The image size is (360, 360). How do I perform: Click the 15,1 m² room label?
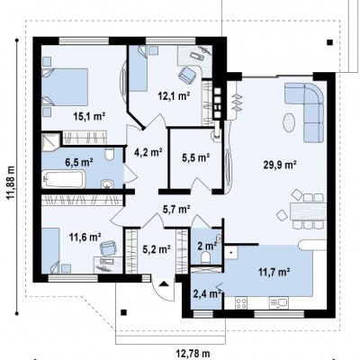pos(89,116)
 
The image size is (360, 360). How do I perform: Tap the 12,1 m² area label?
pos(174,96)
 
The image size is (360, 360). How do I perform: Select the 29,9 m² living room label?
pos(280,165)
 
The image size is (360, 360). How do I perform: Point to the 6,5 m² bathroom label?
pos(78,162)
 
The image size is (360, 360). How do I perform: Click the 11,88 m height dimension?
pos(12,183)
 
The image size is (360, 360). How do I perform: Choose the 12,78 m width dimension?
pos(193,354)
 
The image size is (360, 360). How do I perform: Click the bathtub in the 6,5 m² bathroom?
pos(63,179)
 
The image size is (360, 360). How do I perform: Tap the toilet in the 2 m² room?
pos(206,257)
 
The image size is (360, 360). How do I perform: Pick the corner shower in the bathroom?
pos(51,141)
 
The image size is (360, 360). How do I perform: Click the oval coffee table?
pos(290,122)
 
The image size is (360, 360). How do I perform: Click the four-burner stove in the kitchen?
pos(241,302)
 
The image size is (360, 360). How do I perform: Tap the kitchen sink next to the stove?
pos(279,302)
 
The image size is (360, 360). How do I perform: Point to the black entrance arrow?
pos(164,283)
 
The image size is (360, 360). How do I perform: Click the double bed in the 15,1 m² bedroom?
pos(65,86)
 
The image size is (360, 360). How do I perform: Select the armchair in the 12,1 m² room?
pos(187,74)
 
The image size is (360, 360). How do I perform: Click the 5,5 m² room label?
pos(196,157)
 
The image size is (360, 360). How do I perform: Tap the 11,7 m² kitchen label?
pos(274,272)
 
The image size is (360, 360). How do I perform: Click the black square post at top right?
pos(329,42)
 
